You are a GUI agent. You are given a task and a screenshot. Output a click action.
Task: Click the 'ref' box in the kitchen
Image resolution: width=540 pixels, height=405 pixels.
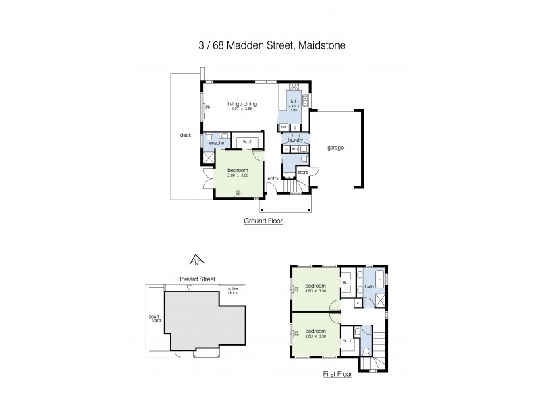[x=283, y=127]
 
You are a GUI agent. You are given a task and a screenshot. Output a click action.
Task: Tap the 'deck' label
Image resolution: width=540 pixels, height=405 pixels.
[x=186, y=135]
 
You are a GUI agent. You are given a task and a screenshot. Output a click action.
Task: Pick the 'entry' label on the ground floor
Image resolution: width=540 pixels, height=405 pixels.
[x=273, y=178]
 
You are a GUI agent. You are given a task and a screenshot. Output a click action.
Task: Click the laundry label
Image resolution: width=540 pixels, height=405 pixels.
[x=295, y=140]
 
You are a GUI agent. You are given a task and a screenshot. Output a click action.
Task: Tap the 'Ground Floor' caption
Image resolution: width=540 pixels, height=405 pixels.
[x=263, y=221]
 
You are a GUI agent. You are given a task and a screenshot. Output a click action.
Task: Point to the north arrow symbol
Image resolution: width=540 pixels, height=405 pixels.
[x=196, y=259]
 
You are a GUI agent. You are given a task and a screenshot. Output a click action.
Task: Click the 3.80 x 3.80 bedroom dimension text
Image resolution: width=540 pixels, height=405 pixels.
[x=237, y=175]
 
